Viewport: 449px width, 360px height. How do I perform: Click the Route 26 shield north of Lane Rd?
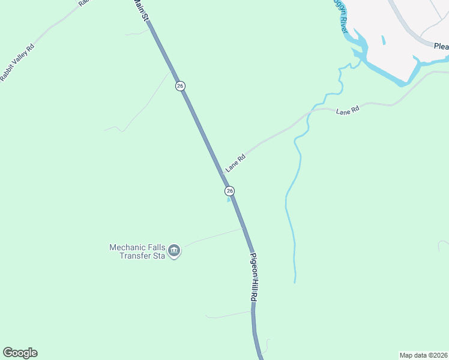pos(180,86)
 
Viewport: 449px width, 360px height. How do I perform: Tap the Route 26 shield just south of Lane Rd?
pos(229,191)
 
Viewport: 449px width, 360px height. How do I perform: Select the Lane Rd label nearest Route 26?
pos(236,163)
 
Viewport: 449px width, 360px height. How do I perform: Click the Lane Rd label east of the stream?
pos(347,111)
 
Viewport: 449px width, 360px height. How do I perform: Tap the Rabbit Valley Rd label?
pos(18,62)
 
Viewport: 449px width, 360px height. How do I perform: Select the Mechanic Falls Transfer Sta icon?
pos(174,250)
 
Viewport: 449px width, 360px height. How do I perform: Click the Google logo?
pos(20,353)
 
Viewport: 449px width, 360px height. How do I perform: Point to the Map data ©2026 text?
pos(423,355)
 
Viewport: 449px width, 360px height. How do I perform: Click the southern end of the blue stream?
pos(295,281)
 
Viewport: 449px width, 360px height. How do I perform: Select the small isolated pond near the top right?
pos(383,40)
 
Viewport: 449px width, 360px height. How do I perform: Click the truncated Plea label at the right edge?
pos(441,46)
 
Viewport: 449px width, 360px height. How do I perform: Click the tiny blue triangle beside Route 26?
pos(228,200)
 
